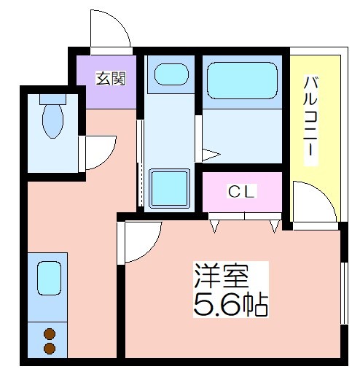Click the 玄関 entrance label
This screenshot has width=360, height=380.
(x=111, y=78)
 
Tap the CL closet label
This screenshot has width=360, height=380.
(x=242, y=191)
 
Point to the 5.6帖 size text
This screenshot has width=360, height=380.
(x=231, y=305)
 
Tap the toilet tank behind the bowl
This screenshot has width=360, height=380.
(x=52, y=99)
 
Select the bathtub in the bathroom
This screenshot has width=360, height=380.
(x=242, y=80)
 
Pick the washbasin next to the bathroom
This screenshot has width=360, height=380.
(x=171, y=74)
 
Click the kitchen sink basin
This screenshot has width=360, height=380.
(x=49, y=278)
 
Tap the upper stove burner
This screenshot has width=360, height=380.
(x=50, y=333)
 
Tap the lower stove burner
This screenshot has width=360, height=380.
(x=50, y=348)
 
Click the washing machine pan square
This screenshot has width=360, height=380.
(x=169, y=188)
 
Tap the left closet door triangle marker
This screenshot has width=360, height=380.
(x=214, y=226)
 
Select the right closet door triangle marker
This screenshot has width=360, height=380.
(x=275, y=226)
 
